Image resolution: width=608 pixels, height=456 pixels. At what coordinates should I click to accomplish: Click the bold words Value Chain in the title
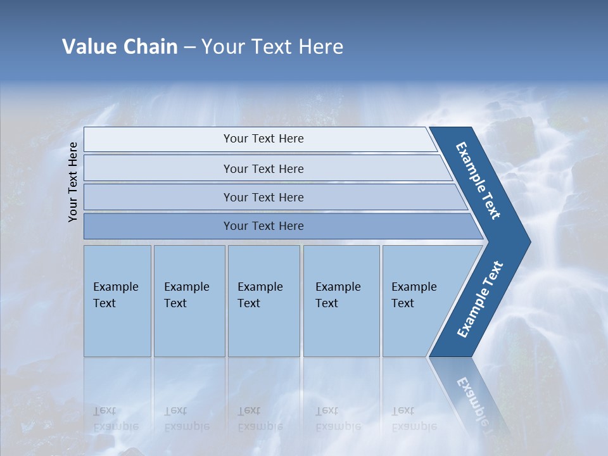[x=120, y=47]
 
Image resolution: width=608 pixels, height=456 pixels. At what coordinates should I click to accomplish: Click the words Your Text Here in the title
[x=272, y=47]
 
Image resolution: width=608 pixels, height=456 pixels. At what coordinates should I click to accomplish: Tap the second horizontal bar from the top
[x=263, y=168]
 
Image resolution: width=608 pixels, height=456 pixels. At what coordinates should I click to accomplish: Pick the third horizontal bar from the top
[x=263, y=197]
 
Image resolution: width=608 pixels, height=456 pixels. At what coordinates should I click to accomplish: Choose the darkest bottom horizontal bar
[x=263, y=226]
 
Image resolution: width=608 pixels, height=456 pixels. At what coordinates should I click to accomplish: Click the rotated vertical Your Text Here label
[x=73, y=182]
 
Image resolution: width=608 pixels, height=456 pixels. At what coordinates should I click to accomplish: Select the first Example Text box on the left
[x=117, y=301]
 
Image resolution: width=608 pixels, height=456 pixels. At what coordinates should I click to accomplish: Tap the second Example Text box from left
[x=189, y=301]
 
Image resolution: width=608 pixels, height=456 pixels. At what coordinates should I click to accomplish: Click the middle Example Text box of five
[x=263, y=301]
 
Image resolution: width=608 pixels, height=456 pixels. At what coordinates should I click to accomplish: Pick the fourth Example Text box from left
[x=341, y=301]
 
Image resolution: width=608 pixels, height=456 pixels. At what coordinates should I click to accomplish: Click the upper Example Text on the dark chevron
[x=478, y=180]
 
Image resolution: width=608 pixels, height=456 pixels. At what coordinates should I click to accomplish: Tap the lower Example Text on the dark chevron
[x=480, y=299]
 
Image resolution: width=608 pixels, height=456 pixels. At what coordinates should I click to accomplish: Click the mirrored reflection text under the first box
[x=115, y=419]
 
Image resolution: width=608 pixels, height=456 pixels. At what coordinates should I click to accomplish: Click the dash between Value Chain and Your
[x=189, y=47]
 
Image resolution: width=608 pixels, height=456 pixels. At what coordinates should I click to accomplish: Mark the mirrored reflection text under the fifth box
[x=414, y=419]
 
